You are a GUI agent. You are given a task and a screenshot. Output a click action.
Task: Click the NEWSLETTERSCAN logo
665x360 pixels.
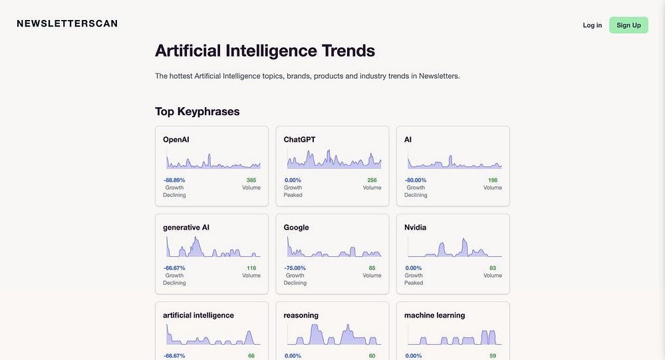pyautogui.click(x=67, y=24)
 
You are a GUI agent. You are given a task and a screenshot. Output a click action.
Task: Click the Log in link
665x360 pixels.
pyautogui.click(x=592, y=25)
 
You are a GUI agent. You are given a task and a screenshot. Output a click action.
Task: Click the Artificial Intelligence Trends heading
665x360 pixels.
pyautogui.click(x=265, y=51)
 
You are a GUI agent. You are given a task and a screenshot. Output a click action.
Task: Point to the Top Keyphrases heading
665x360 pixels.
pyautogui.click(x=197, y=111)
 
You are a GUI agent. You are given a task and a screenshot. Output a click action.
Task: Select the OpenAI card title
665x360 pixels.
pyautogui.click(x=176, y=140)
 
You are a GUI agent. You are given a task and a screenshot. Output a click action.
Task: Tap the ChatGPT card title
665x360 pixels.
pyautogui.click(x=299, y=140)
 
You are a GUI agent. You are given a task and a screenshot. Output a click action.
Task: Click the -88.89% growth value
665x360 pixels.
pyautogui.click(x=174, y=180)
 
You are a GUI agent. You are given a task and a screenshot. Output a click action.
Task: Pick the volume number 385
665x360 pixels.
pyautogui.click(x=251, y=180)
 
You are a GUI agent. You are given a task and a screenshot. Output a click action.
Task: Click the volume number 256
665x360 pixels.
pyautogui.click(x=372, y=180)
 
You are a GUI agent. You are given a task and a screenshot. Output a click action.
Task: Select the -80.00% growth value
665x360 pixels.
pyautogui.click(x=416, y=180)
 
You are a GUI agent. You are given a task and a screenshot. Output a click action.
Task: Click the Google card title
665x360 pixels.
pyautogui.click(x=296, y=228)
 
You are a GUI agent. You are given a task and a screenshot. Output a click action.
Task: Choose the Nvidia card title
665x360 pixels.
pyautogui.click(x=415, y=228)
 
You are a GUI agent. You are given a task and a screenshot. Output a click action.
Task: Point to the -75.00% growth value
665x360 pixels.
pyautogui.click(x=295, y=268)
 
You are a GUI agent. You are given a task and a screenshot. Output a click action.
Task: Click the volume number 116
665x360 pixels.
pyautogui.click(x=251, y=268)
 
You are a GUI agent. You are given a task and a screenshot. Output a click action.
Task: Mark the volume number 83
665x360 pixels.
pyautogui.click(x=493, y=268)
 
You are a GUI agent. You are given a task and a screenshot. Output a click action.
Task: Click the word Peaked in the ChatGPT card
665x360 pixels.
pyautogui.click(x=293, y=195)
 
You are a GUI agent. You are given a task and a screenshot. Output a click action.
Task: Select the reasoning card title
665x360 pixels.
pyautogui.click(x=301, y=315)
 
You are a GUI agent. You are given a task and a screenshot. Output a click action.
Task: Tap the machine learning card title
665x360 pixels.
pyautogui.click(x=434, y=315)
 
